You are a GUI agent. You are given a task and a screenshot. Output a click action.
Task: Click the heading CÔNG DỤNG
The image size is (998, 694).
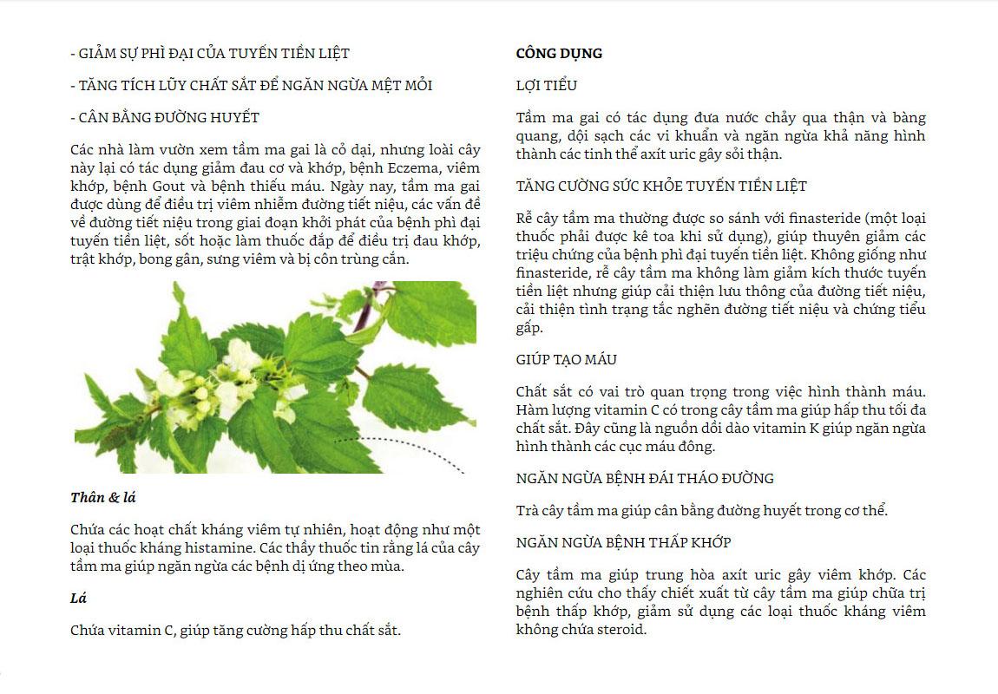pos(559,54)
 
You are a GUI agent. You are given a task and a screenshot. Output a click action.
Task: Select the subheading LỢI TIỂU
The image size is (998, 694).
pos(546,86)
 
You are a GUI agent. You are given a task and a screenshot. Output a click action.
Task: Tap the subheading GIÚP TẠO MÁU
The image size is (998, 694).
pos(567,359)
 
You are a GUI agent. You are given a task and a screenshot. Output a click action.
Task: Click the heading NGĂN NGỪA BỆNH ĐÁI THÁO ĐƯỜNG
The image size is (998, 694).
pos(645,478)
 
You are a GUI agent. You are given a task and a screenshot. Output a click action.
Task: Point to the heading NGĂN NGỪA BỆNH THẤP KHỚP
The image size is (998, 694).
pos(623,542)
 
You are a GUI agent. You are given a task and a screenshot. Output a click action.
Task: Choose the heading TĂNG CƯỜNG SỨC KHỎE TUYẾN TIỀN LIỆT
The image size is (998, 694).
pos(661,186)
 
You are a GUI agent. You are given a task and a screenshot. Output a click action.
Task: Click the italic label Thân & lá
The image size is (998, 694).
pos(103,498)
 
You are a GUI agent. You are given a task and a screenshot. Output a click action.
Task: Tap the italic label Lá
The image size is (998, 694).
pos(78,599)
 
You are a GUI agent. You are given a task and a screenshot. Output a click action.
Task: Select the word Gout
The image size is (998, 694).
pos(174,186)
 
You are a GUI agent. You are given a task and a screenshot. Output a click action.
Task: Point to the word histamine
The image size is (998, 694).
pos(234,548)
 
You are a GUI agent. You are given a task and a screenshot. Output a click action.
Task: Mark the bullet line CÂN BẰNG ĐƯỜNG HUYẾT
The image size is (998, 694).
pos(165,117)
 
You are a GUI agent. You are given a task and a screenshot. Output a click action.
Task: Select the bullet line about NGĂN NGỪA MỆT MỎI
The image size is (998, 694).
pos(252,86)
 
